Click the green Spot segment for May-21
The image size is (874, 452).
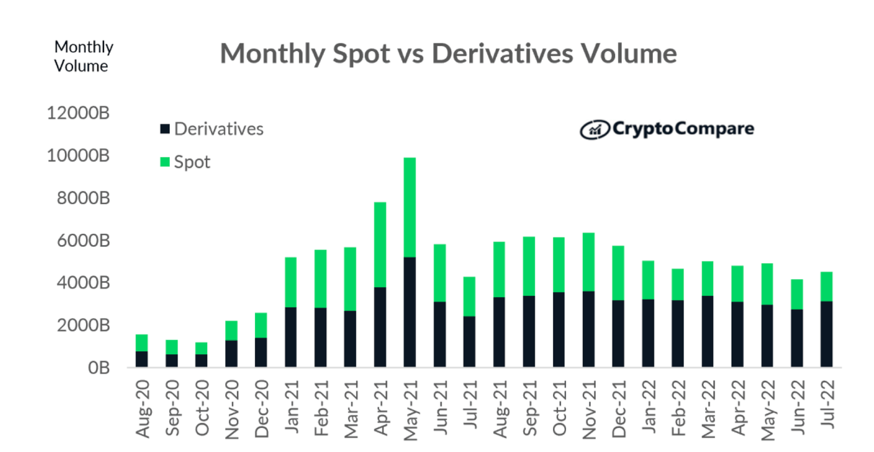click(410, 208)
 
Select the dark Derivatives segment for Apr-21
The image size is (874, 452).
click(380, 327)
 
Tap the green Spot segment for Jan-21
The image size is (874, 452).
click(291, 282)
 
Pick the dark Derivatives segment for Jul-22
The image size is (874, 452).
click(826, 334)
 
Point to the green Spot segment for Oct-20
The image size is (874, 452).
click(201, 348)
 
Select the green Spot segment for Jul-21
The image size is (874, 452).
click(469, 296)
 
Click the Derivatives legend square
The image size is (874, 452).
click(165, 129)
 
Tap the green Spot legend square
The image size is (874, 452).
click(165, 162)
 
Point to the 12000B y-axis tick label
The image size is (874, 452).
click(78, 113)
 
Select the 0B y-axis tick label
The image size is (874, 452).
click(98, 368)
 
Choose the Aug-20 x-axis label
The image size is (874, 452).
click(143, 408)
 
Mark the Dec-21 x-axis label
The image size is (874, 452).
click(619, 408)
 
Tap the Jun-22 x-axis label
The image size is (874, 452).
click(797, 408)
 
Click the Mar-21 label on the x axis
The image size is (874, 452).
click(351, 408)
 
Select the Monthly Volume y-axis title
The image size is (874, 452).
click(84, 56)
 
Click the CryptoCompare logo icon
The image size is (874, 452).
click(594, 130)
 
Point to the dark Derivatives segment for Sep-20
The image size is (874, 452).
click(172, 360)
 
